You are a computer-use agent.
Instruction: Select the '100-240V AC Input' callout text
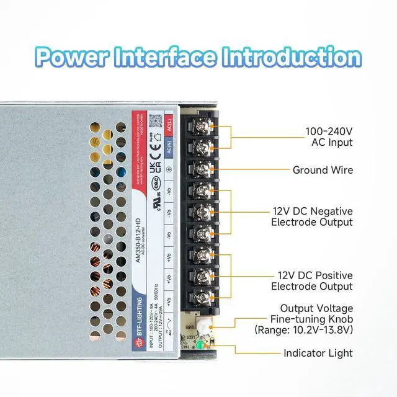329,137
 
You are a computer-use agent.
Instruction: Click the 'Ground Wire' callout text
323,170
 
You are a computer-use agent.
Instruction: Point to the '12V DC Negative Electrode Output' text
312,216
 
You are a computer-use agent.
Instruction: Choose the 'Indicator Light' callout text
318,354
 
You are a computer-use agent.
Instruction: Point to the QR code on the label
156,122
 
